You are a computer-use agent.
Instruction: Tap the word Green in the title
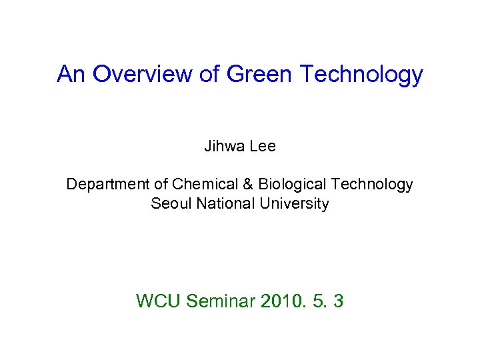pos(260,74)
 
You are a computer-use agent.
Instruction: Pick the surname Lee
pos(262,147)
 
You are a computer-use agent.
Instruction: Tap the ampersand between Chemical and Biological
pos(244,184)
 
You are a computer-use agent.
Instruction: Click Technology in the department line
pos(372,185)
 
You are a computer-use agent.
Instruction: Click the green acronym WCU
pos(159,301)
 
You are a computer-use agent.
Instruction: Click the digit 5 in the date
pos(317,301)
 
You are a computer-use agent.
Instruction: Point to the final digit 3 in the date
pos(338,301)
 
